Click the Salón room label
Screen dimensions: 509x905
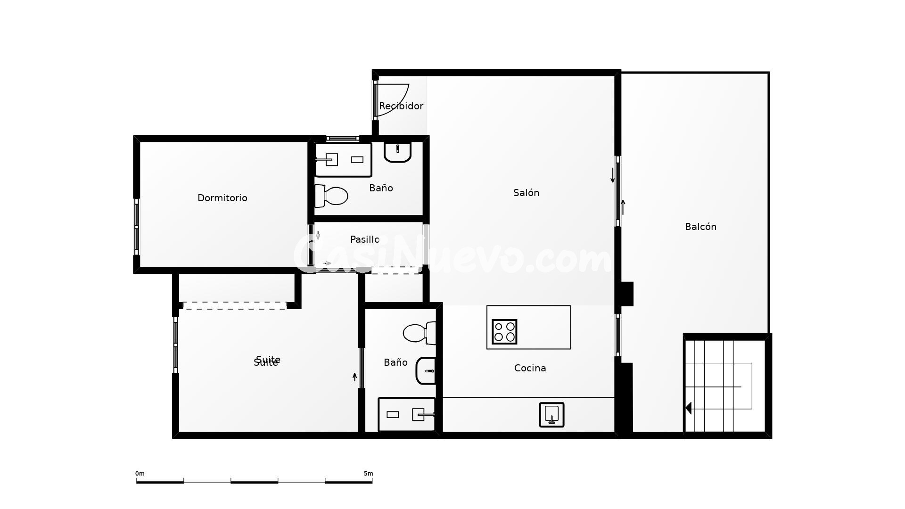pos(526,193)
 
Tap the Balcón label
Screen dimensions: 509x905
pos(700,227)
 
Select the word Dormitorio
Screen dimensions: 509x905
pos(222,198)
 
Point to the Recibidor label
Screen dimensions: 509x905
pos(401,106)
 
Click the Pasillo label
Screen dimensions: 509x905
pos(364,239)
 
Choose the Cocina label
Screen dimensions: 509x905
pos(530,368)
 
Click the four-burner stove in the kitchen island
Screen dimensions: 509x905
pos(504,331)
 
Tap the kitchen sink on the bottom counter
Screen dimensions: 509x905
pos(551,415)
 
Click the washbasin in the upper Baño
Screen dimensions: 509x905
pos(397,151)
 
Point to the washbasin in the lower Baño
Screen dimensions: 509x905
pos(426,371)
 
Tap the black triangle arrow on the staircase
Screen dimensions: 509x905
pos(688,408)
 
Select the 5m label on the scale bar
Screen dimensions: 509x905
pos(368,474)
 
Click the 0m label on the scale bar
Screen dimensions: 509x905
pos(140,474)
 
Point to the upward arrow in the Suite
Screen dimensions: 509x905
pos(355,377)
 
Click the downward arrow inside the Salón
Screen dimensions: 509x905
pos(613,175)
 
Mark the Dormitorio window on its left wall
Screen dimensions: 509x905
pos(137,227)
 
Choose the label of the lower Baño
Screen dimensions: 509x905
pos(395,362)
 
